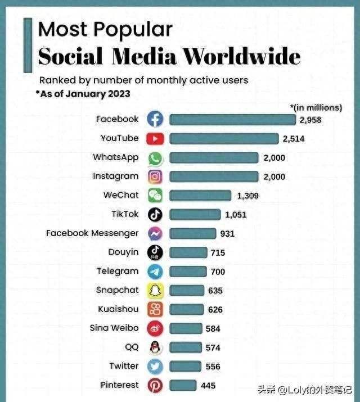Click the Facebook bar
pyautogui.click(x=232, y=119)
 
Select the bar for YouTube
pyautogui.click(x=224, y=138)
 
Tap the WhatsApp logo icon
pyautogui.click(x=155, y=158)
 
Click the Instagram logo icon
pyautogui.click(x=155, y=177)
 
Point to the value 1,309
pyautogui.click(x=247, y=196)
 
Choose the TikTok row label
pyautogui.click(x=125, y=214)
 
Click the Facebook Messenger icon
pyautogui.click(x=155, y=233)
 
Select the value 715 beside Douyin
pyautogui.click(x=218, y=253)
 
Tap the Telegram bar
pyautogui.click(x=187, y=272)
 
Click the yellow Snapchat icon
pyautogui.click(x=155, y=291)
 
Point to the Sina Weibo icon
pyautogui.click(x=155, y=328)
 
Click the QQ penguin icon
pyautogui.click(x=155, y=347)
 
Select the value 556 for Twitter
pyautogui.click(x=213, y=367)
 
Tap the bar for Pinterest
pyautogui.click(x=183, y=385)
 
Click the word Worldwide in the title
pyautogui.click(x=242, y=57)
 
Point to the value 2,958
pyautogui.click(x=310, y=120)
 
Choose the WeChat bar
pyautogui.click(x=200, y=195)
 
